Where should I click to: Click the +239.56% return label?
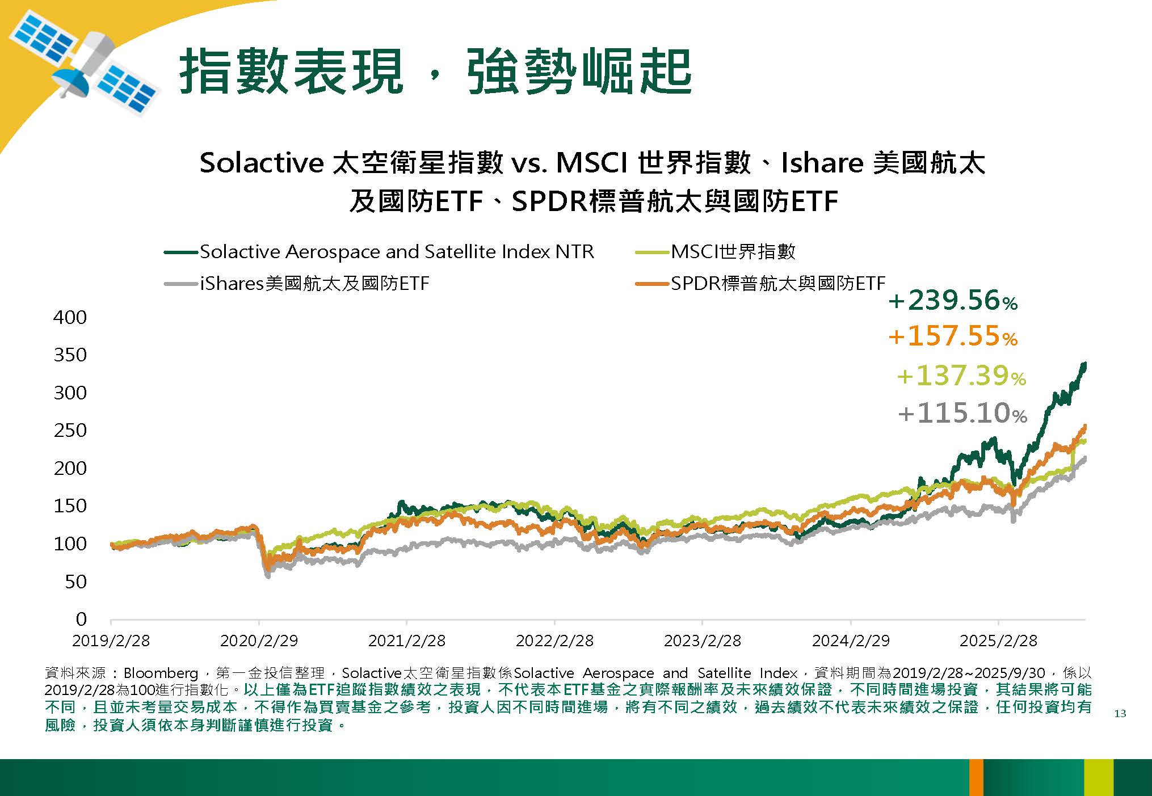coord(953,301)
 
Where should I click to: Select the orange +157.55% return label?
coord(953,336)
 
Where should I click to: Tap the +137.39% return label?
coord(961,376)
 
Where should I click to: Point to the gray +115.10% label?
coord(962,413)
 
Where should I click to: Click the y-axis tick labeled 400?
coord(70,317)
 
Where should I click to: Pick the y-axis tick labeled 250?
coord(70,430)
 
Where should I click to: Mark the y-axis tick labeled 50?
coord(75,582)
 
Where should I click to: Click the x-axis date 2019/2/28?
coord(111,641)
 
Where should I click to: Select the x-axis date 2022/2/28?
coord(554,641)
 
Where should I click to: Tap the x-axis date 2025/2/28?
coord(998,641)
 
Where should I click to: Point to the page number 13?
coord(1120,714)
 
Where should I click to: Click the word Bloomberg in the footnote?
coord(160,673)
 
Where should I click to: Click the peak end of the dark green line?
coord(1084,364)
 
